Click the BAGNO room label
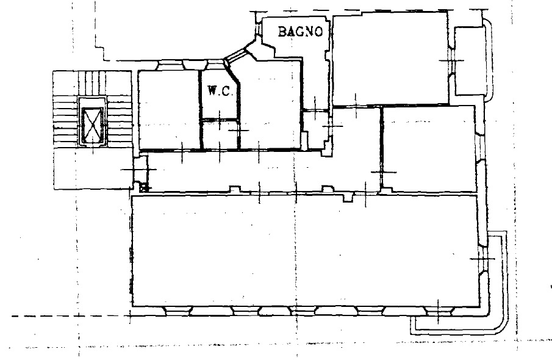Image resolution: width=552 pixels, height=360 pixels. pyautogui.click(x=300, y=31)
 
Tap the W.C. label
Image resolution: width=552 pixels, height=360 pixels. pyautogui.click(x=220, y=92)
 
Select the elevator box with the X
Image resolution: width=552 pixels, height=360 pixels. pyautogui.click(x=93, y=122)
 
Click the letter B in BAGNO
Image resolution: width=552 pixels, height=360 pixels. pyautogui.click(x=282, y=31)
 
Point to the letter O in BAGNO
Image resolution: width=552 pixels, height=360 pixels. pyautogui.click(x=318, y=32)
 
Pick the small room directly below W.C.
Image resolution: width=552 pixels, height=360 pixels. pyautogui.click(x=220, y=135)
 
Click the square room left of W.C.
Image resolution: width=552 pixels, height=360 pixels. pyautogui.click(x=168, y=110)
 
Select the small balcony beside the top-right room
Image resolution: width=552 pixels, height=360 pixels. pyautogui.click(x=471, y=62)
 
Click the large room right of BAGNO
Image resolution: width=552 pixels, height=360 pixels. pyautogui.click(x=390, y=59)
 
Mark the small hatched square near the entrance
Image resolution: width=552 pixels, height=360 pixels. pyautogui.click(x=143, y=188)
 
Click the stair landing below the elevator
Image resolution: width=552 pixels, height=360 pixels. pyautogui.click(x=93, y=168)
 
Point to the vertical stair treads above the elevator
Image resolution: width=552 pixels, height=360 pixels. pyautogui.click(x=92, y=84)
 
